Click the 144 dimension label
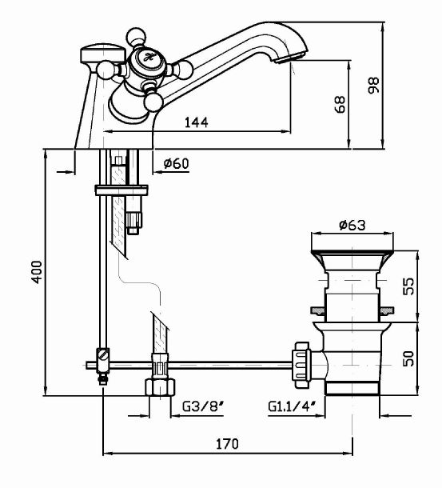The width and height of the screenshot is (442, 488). (x=197, y=122)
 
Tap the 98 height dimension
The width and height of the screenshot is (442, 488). (x=373, y=85)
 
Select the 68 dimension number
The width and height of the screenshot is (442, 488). (x=340, y=104)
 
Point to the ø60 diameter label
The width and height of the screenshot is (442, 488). (x=177, y=163)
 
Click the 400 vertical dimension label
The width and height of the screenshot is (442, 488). (x=37, y=272)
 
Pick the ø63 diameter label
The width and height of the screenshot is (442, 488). (x=352, y=225)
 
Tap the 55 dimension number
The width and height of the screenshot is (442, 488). (x=408, y=286)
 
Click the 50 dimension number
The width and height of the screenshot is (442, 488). (x=408, y=358)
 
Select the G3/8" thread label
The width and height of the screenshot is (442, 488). (x=203, y=406)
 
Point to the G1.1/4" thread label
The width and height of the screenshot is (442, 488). (x=292, y=406)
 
